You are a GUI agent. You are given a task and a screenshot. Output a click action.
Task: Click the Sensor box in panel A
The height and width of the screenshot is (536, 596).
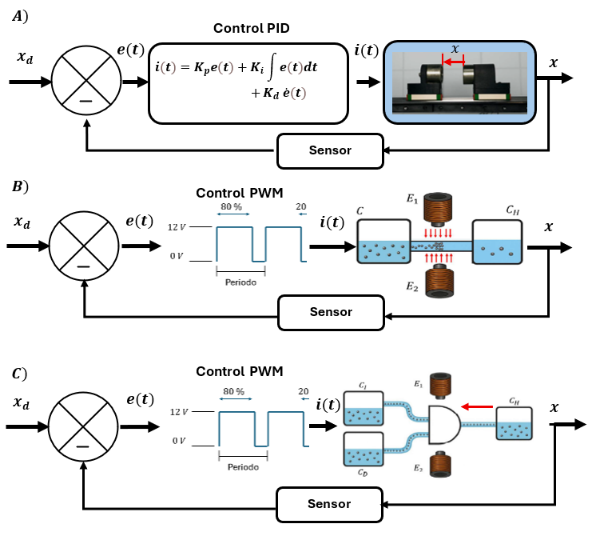point(330,151)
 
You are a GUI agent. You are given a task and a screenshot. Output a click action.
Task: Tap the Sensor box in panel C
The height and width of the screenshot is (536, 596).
point(329,504)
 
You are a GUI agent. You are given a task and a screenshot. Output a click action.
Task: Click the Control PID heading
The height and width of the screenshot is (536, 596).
point(251,28)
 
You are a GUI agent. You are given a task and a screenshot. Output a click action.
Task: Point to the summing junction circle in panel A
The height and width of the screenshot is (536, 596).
point(84,81)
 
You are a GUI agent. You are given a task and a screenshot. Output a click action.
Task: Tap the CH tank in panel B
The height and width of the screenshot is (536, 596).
point(497,242)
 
